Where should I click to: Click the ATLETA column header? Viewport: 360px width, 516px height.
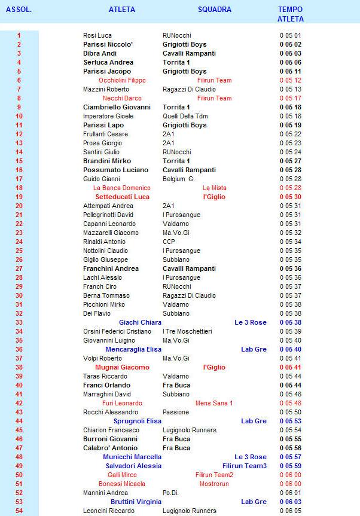tap(122, 10)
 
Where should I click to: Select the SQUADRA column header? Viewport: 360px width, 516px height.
tap(214, 10)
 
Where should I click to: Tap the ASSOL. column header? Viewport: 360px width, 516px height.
tap(19, 10)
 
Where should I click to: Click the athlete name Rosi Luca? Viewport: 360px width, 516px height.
tap(97, 35)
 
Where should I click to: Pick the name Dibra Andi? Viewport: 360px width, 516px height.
tap(100, 53)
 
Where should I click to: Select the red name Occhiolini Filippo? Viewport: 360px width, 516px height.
tap(122, 80)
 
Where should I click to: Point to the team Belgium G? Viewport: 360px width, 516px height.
tap(178, 179)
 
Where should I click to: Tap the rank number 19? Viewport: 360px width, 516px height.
tap(19, 197)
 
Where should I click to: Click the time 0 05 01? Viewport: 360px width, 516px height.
tap(290, 35)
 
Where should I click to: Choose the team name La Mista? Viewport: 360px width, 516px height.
tap(214, 188)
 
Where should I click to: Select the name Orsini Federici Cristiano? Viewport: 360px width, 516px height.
tap(117, 331)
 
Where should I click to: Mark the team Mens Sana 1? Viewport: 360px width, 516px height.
tap(214, 403)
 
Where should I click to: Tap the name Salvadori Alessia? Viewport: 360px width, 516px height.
tap(134, 466)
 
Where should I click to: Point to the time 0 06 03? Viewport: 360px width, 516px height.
tap(290, 502)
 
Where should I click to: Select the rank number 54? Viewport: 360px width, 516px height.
tap(19, 511)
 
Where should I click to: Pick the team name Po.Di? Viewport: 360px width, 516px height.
tap(171, 493)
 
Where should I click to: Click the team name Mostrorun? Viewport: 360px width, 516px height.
tap(214, 484)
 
